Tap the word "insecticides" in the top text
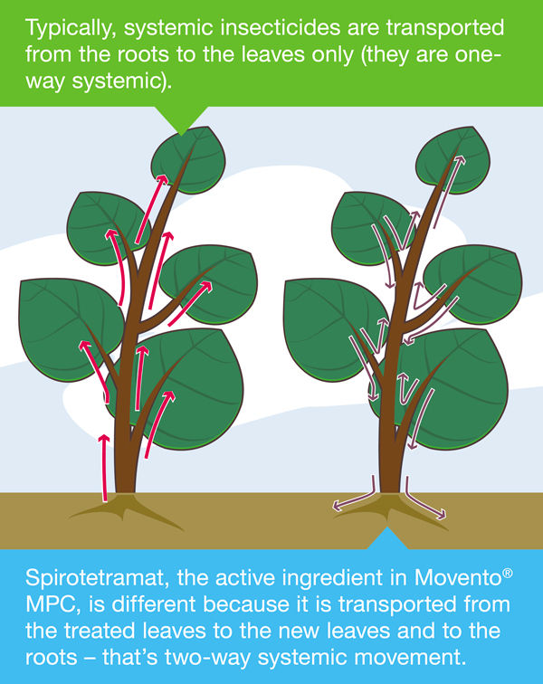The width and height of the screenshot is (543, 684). (x=281, y=27)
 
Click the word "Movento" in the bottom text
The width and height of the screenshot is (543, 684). (x=457, y=577)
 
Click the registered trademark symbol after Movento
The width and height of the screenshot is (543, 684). (x=508, y=573)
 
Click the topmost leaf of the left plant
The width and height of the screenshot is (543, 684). (x=188, y=159)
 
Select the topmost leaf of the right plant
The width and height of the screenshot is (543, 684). (x=452, y=159)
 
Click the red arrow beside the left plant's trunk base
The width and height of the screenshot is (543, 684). (x=104, y=468)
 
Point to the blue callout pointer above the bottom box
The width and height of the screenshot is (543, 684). (x=387, y=538)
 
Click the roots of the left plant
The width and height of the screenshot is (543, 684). (x=126, y=509)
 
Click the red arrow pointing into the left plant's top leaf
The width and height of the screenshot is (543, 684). (x=150, y=208)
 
